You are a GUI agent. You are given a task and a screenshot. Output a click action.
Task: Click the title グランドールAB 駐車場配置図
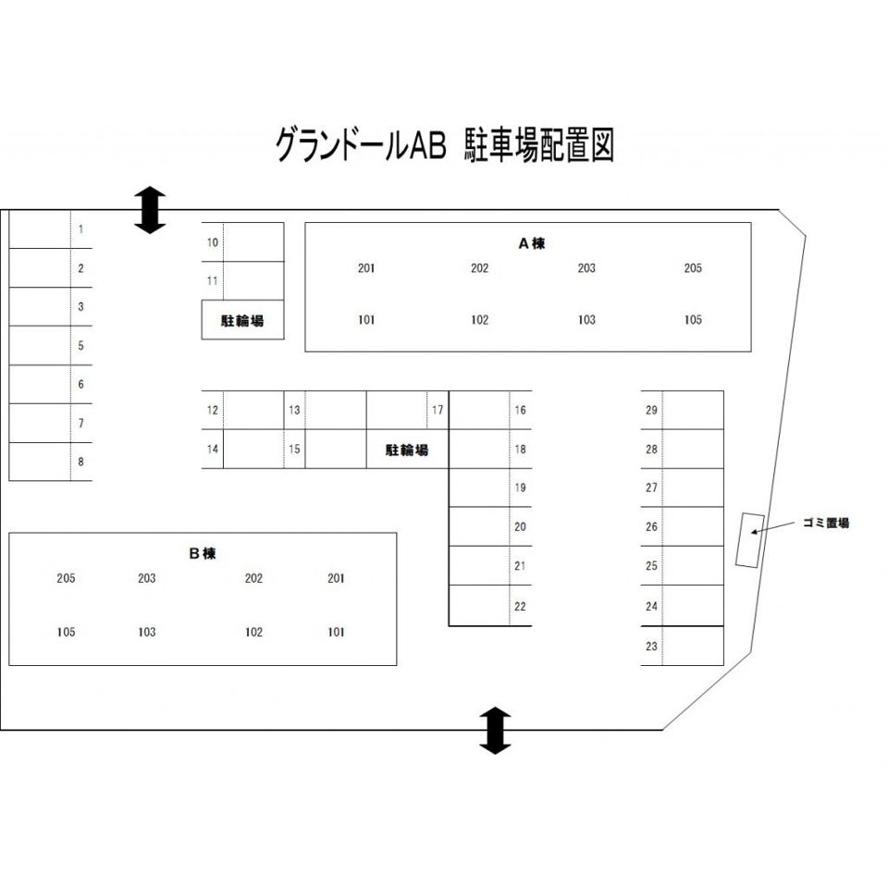(x=444, y=145)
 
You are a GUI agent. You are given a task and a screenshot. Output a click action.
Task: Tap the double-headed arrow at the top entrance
(x=150, y=209)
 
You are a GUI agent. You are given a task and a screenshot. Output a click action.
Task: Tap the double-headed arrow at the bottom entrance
(x=495, y=730)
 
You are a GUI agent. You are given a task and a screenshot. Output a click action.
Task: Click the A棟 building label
(x=531, y=244)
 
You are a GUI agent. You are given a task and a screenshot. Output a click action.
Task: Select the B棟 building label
(x=202, y=554)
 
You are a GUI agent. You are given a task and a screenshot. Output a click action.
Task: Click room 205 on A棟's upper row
(x=693, y=268)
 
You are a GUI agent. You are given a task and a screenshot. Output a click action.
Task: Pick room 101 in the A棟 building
(x=366, y=320)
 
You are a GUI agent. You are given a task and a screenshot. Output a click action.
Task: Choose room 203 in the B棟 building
(x=146, y=578)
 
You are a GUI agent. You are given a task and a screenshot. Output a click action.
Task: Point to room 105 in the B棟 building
(x=66, y=633)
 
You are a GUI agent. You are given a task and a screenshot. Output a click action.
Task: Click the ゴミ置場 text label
(x=825, y=524)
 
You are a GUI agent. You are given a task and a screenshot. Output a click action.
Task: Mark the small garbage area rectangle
(x=749, y=540)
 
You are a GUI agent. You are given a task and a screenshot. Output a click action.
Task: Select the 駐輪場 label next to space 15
(x=407, y=450)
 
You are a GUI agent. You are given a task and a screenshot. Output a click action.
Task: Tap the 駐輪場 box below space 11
(x=242, y=321)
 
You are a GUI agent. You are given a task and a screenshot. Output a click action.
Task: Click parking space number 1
(x=81, y=228)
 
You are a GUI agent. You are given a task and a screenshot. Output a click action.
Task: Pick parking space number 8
(x=81, y=462)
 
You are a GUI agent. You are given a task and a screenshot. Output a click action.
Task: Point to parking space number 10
(x=213, y=242)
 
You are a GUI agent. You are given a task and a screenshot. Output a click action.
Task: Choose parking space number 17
(x=438, y=410)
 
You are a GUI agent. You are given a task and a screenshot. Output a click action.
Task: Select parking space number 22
(x=520, y=607)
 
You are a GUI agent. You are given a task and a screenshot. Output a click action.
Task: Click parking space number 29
(x=651, y=410)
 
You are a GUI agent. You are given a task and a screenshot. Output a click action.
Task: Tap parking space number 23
(x=651, y=647)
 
